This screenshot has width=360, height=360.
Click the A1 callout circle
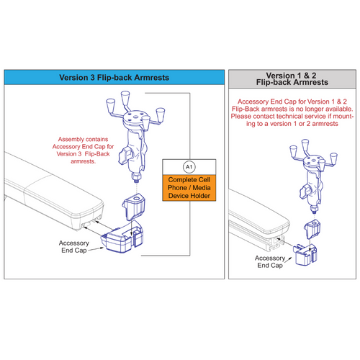click(189, 167)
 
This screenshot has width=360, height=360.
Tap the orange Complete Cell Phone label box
click(189, 188)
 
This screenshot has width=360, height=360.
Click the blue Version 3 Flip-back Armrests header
click(114, 77)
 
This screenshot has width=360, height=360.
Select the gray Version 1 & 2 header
click(292, 79)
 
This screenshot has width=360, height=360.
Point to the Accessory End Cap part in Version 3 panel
click(121, 238)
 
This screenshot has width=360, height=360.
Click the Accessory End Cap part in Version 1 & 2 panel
click(305, 255)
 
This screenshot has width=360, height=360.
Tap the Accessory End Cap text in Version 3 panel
click(74, 247)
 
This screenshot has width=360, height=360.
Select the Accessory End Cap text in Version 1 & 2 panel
click(270, 261)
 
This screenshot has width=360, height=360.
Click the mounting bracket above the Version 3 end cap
click(134, 207)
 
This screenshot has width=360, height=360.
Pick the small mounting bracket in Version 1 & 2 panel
click(312, 229)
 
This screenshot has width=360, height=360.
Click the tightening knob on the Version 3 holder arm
click(124, 156)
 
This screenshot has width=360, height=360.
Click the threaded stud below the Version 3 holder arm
click(136, 179)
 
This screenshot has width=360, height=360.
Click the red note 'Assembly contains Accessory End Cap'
click(83, 150)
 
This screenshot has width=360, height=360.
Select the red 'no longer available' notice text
click(292, 112)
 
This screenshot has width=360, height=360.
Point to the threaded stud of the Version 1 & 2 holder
click(315, 210)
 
